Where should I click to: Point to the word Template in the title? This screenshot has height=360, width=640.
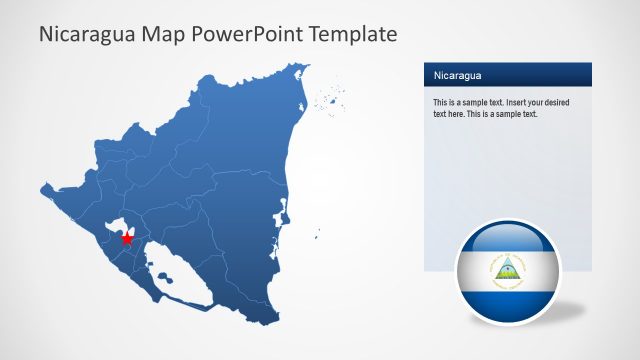[x=352, y=34]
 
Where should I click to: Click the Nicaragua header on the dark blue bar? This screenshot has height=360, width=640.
[x=457, y=75]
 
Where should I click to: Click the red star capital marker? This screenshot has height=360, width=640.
[x=127, y=238]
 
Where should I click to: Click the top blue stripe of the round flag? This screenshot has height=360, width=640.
[x=507, y=239]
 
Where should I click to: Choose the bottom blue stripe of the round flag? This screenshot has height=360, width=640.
[x=507, y=300]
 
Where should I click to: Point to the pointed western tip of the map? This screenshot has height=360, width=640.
[x=43, y=185]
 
